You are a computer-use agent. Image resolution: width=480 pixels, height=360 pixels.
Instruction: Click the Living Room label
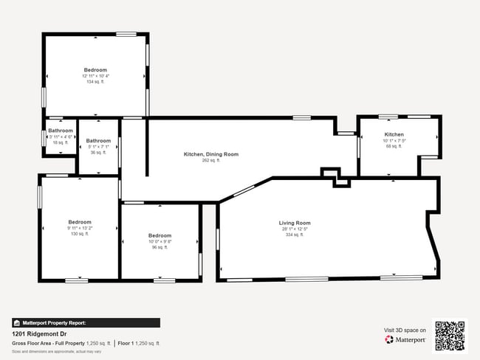pyautogui.click(x=294, y=223)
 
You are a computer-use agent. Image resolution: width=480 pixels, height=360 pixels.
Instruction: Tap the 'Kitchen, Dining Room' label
pyautogui.click(x=211, y=154)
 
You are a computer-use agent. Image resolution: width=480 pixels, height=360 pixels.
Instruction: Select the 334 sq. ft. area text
pyautogui.click(x=294, y=235)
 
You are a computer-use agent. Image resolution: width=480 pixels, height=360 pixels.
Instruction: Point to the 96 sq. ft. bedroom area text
pyautogui.click(x=160, y=247)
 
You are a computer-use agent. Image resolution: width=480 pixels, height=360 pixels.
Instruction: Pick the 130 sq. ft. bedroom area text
pyautogui.click(x=80, y=234)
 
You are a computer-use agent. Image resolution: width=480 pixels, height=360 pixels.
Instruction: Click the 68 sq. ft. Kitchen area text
pyautogui.click(x=394, y=146)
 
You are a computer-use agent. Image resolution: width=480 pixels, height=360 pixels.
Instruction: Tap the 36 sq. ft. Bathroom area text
pyautogui.click(x=98, y=153)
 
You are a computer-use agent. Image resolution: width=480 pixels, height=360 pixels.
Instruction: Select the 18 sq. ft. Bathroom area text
pyautogui.click(x=61, y=142)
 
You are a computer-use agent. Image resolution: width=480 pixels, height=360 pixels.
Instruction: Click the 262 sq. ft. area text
pyautogui.click(x=211, y=160)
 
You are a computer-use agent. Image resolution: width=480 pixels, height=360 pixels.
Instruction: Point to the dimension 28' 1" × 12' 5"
pyautogui.click(x=294, y=229)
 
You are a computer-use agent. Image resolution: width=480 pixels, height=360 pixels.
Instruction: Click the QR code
pyautogui.click(x=450, y=334)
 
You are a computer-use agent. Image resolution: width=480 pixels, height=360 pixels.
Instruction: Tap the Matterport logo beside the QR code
pyautogui.click(x=405, y=339)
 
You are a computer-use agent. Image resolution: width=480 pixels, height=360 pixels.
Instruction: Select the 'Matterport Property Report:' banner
pyautogui.click(x=86, y=322)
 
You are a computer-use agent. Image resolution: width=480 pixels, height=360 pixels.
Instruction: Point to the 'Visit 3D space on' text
pyautogui.click(x=405, y=330)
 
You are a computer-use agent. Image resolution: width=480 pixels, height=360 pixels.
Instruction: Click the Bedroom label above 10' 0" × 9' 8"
pyautogui.click(x=160, y=235)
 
